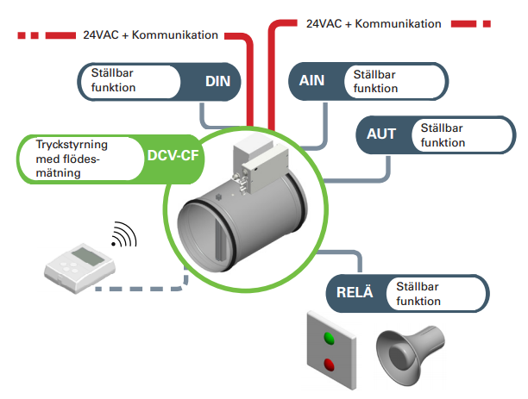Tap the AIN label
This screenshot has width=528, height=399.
(x=311, y=82)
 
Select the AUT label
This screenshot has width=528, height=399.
(x=381, y=135)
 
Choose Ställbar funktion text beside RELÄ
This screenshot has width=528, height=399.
(x=419, y=294)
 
